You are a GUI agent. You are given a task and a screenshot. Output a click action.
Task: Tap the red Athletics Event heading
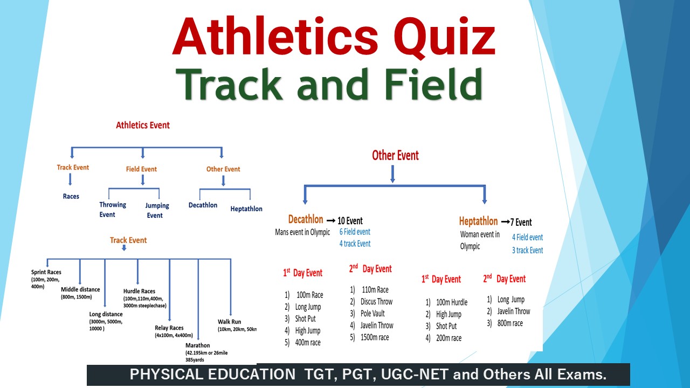[143, 125]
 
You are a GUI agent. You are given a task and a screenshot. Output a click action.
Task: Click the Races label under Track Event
[71, 196]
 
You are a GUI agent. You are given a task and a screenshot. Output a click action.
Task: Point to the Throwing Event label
[112, 209]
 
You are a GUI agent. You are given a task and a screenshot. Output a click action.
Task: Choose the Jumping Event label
[157, 210]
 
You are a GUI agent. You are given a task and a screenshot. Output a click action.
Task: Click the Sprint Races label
[46, 272]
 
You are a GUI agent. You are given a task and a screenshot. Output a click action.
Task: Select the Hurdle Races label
[139, 291]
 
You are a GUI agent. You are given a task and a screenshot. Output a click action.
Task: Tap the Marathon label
[197, 345]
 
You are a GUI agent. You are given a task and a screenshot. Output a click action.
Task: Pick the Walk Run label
[229, 322]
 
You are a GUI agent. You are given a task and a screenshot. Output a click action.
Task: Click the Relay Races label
[169, 328]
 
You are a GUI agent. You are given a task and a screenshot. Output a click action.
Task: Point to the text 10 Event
[350, 220]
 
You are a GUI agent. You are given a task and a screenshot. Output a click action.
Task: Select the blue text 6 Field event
[355, 232]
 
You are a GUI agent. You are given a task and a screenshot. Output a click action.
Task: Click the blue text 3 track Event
[527, 250]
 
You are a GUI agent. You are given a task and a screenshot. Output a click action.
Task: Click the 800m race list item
[510, 323]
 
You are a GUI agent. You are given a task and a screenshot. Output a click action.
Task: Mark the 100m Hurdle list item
[451, 302]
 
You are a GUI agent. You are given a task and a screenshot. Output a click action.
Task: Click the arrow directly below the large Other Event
[392, 174]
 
